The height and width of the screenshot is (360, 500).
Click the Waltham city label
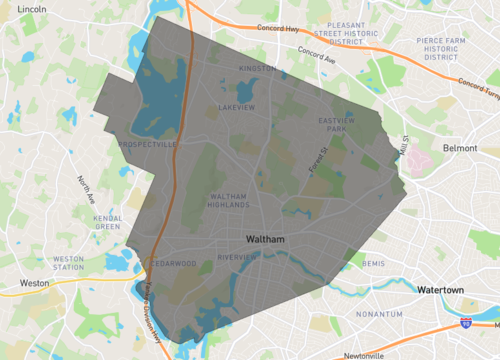click(266, 240)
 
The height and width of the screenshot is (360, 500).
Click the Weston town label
click(34, 283)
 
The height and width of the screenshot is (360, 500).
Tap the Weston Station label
click(68, 263)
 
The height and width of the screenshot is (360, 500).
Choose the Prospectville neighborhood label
click(148, 145)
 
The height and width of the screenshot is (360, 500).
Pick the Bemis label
click(373, 263)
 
